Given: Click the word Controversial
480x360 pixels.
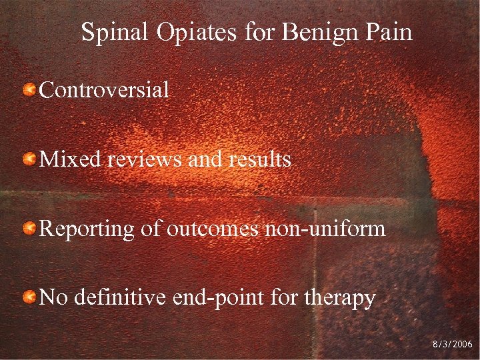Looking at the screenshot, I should [105, 89].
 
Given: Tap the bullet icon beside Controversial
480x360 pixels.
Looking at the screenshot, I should [29, 89].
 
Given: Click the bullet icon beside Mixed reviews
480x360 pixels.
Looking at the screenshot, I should [29, 159].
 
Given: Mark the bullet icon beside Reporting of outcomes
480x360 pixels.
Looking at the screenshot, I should [29, 229].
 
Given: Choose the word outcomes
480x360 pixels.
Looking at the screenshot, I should [207, 229].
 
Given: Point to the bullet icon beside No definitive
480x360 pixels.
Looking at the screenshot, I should [29, 297].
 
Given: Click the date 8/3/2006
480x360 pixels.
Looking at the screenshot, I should [452, 344].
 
